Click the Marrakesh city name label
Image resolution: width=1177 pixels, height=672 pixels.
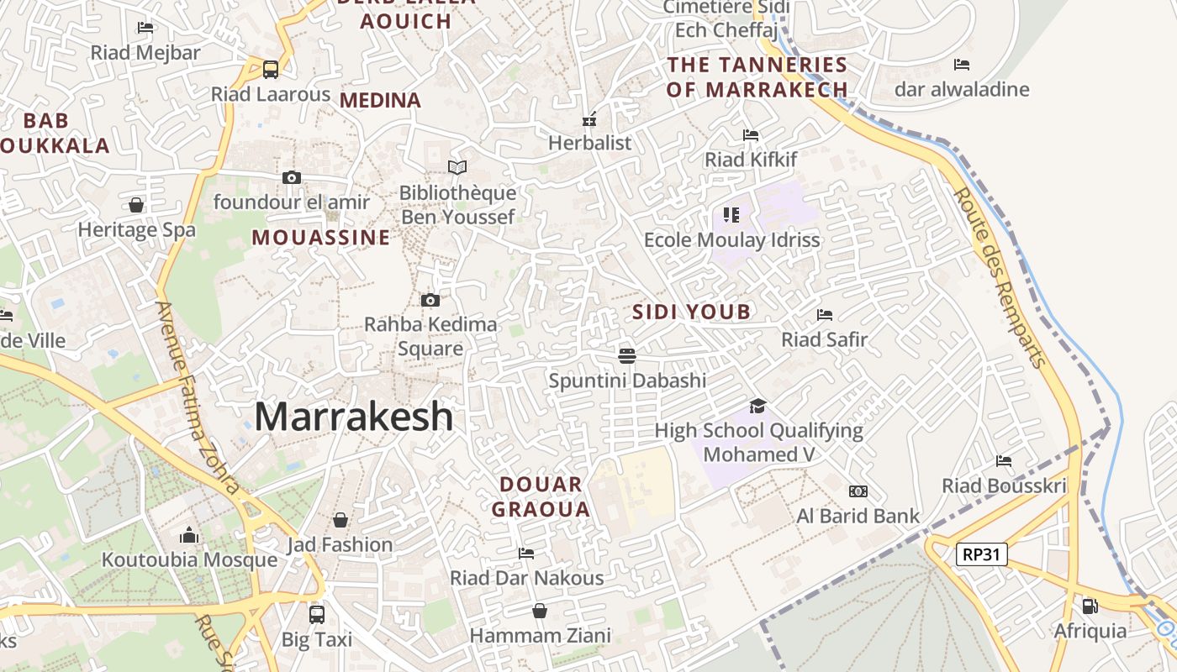353,417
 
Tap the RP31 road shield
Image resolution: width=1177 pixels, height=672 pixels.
981,554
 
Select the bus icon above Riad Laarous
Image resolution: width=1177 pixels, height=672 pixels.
271,69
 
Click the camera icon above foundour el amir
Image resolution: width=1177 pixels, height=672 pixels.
292,177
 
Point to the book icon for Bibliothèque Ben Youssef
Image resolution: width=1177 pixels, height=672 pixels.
457,168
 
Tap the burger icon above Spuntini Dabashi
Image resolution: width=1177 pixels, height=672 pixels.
626,355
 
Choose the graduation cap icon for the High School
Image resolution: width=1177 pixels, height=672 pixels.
758,407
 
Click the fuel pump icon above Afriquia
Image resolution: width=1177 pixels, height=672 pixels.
1090,606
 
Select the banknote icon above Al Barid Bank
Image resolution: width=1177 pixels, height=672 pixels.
858,491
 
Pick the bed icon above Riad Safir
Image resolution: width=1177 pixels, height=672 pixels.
825,315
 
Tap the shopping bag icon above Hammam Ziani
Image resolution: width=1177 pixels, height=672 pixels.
540,611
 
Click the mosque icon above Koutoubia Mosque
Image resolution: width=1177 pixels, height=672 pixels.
189,535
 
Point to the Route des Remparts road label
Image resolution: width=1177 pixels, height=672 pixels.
1000,277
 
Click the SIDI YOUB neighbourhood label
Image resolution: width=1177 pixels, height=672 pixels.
691,312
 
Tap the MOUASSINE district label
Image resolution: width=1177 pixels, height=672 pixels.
321,238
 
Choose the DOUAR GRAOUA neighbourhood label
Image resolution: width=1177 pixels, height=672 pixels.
541,496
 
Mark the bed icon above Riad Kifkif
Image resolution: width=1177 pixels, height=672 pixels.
751,134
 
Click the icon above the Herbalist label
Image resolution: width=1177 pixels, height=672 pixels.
589,118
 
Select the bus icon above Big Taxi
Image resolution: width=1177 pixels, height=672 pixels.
317,615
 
